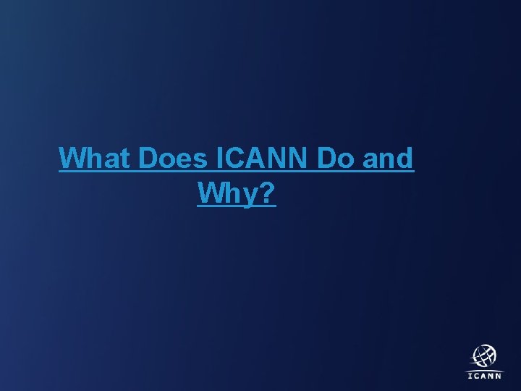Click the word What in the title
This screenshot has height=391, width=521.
click(96, 158)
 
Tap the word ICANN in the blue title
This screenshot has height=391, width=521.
click(264, 158)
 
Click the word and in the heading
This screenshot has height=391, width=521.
click(388, 158)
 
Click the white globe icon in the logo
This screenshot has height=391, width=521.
click(485, 356)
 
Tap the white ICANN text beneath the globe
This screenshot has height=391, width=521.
click(484, 376)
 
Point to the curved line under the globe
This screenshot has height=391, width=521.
click(484, 369)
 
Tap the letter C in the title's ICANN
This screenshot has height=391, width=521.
click(234, 158)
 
